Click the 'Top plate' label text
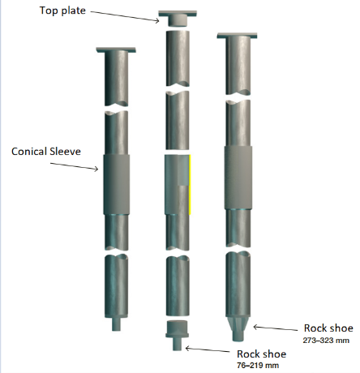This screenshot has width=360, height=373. click(62, 11)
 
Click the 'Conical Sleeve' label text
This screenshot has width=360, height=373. click(46, 152)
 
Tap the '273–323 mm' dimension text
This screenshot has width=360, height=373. click(326, 340)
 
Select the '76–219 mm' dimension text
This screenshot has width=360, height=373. click(258, 366)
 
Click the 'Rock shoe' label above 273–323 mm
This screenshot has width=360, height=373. click(328, 328)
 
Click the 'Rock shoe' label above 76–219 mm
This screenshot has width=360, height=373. click(261, 354)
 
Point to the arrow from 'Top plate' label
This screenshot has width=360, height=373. click(125, 16)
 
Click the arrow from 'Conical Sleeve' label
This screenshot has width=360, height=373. click(75, 166)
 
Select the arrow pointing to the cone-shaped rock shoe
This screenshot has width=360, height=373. click(275, 328)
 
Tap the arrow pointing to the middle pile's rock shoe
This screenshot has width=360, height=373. click(208, 349)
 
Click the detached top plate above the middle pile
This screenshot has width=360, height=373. click(178, 18)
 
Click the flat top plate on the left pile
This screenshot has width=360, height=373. click(116, 49)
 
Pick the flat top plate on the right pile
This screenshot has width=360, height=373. click(237, 36)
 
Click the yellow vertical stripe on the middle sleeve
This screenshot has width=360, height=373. click(190, 185)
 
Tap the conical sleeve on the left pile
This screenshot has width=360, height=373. click(117, 185)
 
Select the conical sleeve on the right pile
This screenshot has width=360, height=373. click(238, 178)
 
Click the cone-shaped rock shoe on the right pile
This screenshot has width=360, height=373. click(238, 329)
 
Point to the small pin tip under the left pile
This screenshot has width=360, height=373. click(117, 324)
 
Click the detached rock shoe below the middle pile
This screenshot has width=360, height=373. click(177, 336)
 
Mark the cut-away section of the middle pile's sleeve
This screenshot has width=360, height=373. click(183, 170)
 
